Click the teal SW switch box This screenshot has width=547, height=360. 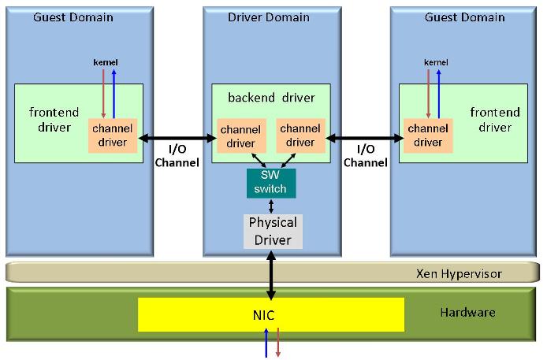pyautogui.click(x=271, y=183)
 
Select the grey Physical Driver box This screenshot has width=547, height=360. pyautogui.click(x=272, y=231)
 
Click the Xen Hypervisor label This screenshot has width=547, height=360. pyautogui.click(x=459, y=273)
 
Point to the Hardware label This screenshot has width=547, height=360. pyautogui.click(x=467, y=313)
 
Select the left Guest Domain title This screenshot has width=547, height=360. pyautogui.click(x=73, y=17)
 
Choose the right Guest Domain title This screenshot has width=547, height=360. pyautogui.click(x=463, y=17)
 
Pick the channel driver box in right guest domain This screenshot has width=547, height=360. pyautogui.click(x=428, y=135)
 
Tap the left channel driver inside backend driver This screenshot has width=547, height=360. pyautogui.click(x=240, y=135)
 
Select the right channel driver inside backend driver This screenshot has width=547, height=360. pyautogui.click(x=300, y=135)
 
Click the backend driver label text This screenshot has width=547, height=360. pyautogui.click(x=271, y=98)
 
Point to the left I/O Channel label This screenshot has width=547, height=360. pyautogui.click(x=178, y=156)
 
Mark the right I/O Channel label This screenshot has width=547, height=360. pyautogui.click(x=366, y=156)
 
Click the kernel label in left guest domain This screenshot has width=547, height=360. pyautogui.click(x=106, y=61)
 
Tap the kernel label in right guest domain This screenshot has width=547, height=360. pyautogui.click(x=436, y=61)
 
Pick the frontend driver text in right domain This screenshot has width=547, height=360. pyautogui.click(x=495, y=120)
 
